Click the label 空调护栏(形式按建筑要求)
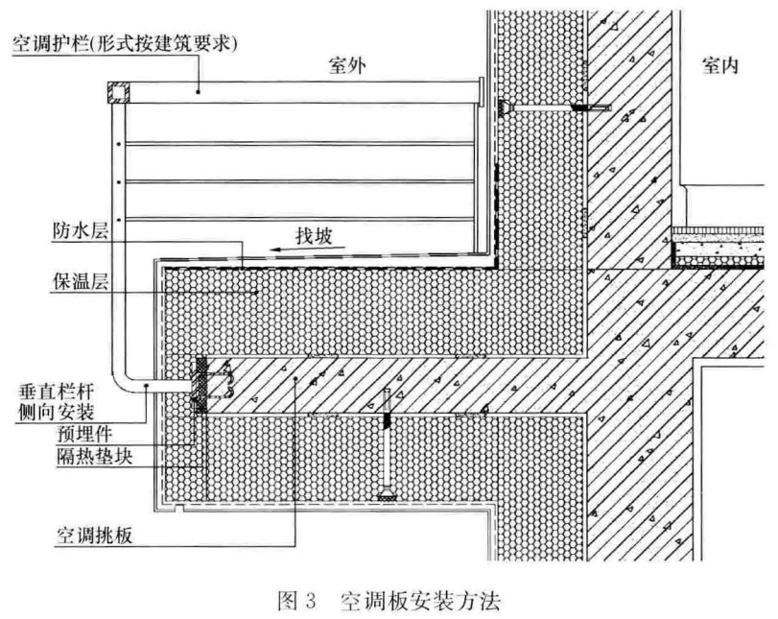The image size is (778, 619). pyautogui.click(x=125, y=45)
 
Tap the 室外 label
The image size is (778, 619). pyautogui.click(x=348, y=65)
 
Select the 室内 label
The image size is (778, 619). pyautogui.click(x=720, y=65)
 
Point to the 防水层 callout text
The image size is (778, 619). pyautogui.click(x=80, y=231)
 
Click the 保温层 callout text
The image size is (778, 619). pyautogui.click(x=81, y=281)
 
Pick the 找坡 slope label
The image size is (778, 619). pyautogui.click(x=314, y=236)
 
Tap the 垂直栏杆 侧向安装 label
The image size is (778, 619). pyautogui.click(x=56, y=402)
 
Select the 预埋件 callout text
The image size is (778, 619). pyautogui.click(x=84, y=435)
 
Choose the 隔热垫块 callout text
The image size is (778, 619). pyautogui.click(x=94, y=456)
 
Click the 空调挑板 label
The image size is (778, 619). pyautogui.click(x=94, y=536)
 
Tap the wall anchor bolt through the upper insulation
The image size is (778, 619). pyautogui.click(x=554, y=107)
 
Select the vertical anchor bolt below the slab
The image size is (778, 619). pyautogui.click(x=387, y=444)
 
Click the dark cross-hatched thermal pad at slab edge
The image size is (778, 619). pyautogui.click(x=200, y=384)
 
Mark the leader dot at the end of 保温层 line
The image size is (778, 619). pyautogui.click(x=256, y=293)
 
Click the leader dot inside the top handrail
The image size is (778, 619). pyautogui.click(x=198, y=91)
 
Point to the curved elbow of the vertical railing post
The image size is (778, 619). pyautogui.click(x=122, y=381)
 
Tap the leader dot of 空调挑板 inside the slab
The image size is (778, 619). pyautogui.click(x=295, y=379)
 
